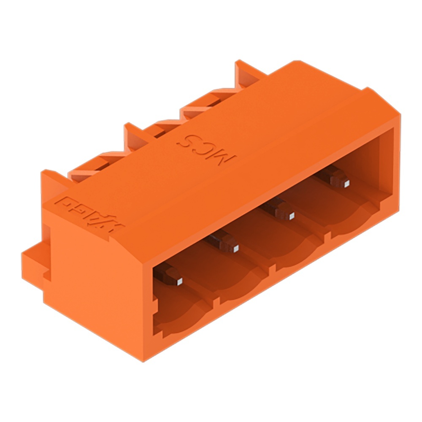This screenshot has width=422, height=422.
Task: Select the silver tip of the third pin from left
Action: tap(292, 216)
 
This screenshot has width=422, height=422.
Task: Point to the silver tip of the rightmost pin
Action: tap(346, 183)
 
